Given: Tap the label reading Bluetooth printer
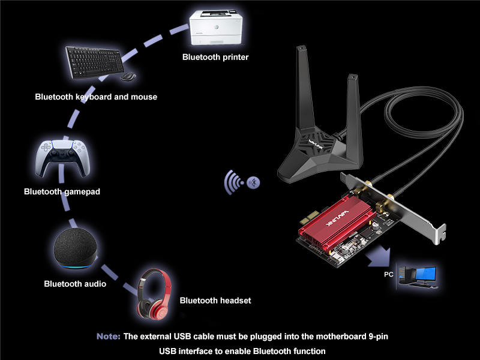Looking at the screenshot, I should pos(215,57).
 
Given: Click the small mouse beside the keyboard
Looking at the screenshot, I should pos(127,77).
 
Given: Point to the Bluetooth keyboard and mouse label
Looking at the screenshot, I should pos(96,97).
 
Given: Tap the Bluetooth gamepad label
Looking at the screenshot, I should pos(62,192).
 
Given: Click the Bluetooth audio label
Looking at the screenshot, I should pos(75,284).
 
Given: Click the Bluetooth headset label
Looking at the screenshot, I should pos(215,301).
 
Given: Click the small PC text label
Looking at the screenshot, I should pos(389,274).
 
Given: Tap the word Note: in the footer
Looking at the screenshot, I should pos(109,337).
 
